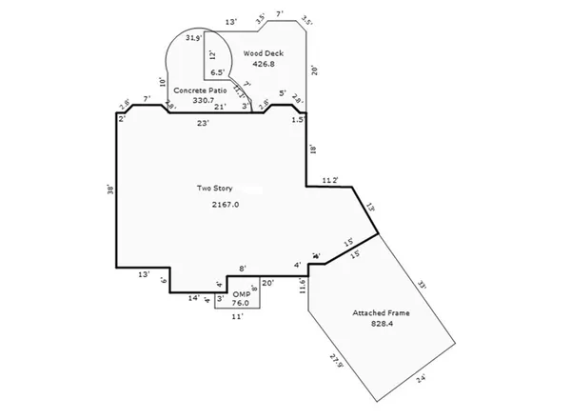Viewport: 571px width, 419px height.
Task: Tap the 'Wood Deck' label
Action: pos(263,53)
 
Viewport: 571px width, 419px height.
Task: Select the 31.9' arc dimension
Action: pos(192,38)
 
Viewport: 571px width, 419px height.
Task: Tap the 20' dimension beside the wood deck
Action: pos(313,70)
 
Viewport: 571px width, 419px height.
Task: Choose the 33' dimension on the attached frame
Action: pos(423,283)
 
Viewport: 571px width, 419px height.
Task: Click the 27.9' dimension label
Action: pos(335,362)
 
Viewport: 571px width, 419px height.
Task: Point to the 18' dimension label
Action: pos(313,149)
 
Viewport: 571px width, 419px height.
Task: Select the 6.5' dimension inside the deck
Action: pos(218,71)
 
